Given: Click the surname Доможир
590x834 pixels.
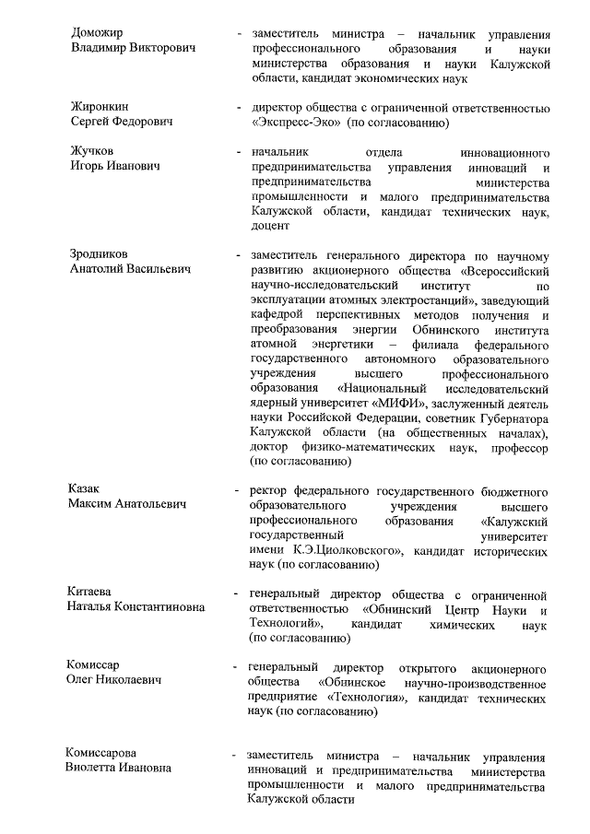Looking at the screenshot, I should (x=98, y=33).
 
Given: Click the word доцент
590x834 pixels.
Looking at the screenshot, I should (x=269, y=226).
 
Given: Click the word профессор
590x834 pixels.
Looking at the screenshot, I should (x=519, y=448).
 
